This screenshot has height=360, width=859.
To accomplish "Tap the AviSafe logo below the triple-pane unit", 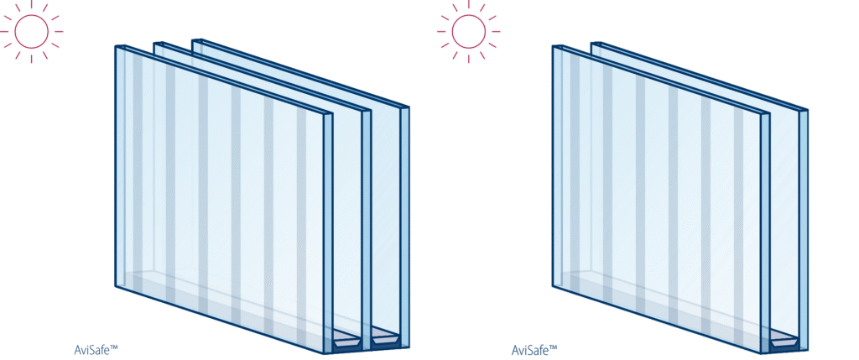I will (x=95, y=350).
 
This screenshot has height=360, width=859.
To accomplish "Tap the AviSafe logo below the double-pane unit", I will (x=532, y=350).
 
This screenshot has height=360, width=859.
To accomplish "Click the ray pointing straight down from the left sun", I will (x=32, y=58).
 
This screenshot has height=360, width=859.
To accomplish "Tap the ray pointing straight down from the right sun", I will (x=469, y=58).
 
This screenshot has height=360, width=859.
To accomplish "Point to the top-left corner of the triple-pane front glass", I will (x=117, y=47).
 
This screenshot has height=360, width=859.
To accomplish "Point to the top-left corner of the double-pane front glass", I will (x=554, y=47).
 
